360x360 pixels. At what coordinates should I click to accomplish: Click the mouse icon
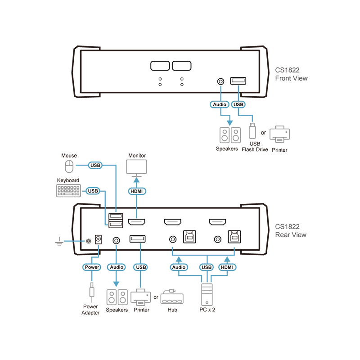[x=69, y=166]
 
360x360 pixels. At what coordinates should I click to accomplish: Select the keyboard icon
[x=68, y=191]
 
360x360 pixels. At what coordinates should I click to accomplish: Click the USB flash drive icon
[x=252, y=131]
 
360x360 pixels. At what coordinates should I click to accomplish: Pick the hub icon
[x=172, y=298]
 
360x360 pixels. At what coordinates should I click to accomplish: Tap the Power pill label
[x=92, y=267]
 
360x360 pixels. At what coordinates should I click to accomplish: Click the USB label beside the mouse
[x=95, y=165]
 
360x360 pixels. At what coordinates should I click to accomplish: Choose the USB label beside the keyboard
[x=93, y=191]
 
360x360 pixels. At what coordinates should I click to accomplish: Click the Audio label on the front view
[x=220, y=104]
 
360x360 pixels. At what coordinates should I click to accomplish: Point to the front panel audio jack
[x=220, y=81]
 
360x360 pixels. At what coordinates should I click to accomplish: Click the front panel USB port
[x=238, y=81]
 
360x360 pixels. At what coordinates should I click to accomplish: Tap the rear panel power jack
[x=98, y=241]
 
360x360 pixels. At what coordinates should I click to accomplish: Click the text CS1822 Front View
[x=291, y=74]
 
